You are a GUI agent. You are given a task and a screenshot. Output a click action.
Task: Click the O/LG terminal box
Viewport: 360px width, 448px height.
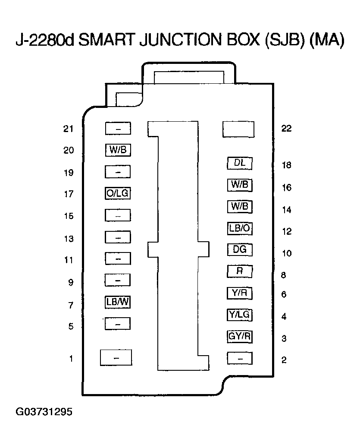tap(118, 193)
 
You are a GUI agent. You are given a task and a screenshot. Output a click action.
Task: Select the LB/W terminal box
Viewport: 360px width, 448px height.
tap(118, 302)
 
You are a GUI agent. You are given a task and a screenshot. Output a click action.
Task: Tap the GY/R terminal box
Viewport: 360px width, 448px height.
tap(239, 337)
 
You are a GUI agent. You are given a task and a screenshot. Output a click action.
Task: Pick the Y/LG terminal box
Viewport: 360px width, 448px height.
tap(239, 315)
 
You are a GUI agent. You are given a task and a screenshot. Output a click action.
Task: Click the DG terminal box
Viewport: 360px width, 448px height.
tap(239, 249)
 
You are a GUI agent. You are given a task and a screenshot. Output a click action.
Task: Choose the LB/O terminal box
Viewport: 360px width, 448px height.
tap(239, 228)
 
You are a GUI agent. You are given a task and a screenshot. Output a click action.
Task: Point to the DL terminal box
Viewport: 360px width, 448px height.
tap(239, 164)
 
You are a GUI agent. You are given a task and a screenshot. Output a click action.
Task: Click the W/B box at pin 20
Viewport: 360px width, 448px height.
tap(118, 150)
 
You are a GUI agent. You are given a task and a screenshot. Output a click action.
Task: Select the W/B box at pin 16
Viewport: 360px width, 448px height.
tap(239, 185)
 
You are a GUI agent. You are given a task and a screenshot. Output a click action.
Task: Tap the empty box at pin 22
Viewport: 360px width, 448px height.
tap(238, 129)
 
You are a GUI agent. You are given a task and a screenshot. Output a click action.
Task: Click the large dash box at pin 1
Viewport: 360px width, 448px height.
tap(116, 358)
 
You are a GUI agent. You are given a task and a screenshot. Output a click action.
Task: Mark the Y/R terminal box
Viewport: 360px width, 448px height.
tap(239, 293)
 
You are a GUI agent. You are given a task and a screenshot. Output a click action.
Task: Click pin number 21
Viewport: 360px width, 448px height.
tap(69, 129)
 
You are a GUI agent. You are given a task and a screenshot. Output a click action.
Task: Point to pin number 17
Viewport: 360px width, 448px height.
tap(69, 195)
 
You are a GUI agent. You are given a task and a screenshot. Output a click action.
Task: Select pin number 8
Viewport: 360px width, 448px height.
tap(283, 275)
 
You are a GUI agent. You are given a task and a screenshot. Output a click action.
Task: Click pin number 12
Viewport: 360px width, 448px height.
tap(287, 232)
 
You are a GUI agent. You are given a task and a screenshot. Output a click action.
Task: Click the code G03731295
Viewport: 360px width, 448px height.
tap(44, 412)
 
